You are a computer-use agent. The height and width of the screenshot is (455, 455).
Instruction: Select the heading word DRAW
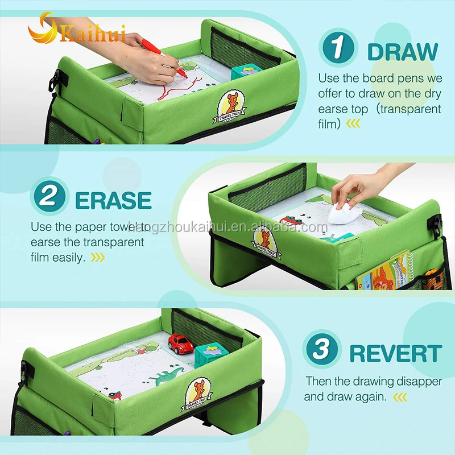pos(403,51)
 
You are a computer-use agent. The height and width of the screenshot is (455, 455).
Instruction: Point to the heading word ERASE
pos(113,200)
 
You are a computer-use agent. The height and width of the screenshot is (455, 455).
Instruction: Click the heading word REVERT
pos(395,353)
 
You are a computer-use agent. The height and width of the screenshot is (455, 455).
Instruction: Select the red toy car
pos(180,344)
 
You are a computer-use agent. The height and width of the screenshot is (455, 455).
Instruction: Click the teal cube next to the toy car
pos(210,355)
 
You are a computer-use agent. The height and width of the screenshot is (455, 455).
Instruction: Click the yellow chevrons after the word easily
pos(98,258)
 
